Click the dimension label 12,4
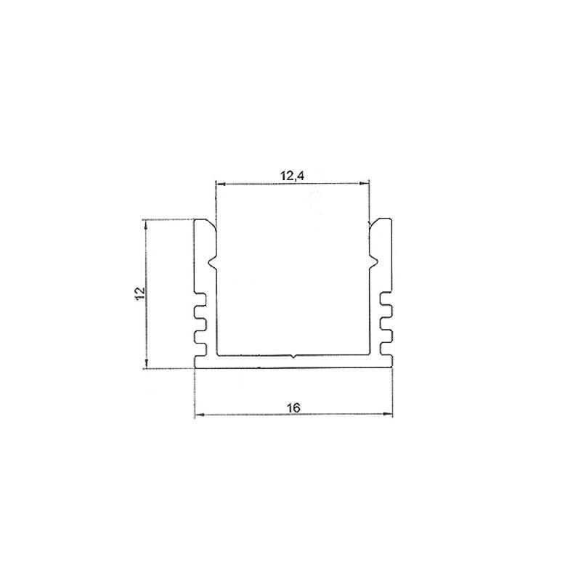point(293,176)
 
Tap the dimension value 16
point(293,408)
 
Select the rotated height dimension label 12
point(140,293)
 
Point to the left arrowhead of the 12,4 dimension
point(221,183)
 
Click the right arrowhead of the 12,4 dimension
point(365,183)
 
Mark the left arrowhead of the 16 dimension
point(199,415)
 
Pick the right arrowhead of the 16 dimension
point(388,413)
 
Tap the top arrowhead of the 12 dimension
point(147,224)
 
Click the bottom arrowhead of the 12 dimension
point(147,364)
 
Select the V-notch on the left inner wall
point(212,263)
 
